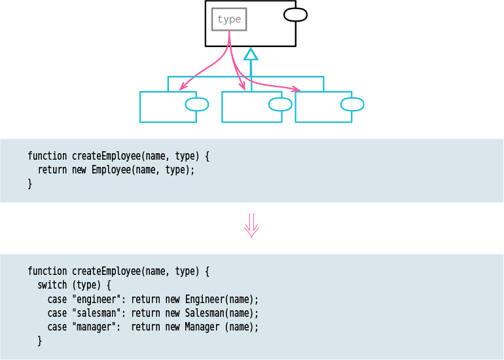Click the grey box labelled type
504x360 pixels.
coord(229,20)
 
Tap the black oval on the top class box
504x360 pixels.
coord(295,14)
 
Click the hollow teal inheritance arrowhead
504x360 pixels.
coord(251,54)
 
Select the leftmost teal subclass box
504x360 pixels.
coord(168,107)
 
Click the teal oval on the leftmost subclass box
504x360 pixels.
coord(197,104)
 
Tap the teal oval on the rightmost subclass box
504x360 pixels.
coord(352,104)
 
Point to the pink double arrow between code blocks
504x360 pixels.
coord(252,225)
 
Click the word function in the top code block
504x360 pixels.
coord(47,156)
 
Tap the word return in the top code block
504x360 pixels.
coord(52,170)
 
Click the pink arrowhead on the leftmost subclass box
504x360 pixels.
coord(182,88)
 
